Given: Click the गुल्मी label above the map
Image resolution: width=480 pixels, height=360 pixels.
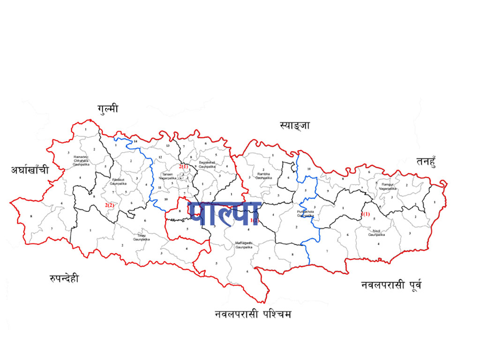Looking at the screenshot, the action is (108, 109).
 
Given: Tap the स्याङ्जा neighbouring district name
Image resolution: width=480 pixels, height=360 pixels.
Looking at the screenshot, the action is (294, 126).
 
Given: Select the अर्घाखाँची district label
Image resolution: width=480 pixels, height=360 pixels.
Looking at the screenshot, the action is (30, 170).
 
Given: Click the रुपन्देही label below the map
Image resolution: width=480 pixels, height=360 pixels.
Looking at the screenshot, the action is (64, 278).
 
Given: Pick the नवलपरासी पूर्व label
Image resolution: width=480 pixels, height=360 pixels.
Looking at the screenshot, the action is (391, 285).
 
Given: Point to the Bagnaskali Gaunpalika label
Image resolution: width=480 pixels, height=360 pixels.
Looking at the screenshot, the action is (207, 164).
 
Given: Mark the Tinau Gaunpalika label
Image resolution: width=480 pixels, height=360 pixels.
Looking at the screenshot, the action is (141, 237).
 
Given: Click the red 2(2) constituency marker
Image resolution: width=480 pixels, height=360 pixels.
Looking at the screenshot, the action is (110, 205).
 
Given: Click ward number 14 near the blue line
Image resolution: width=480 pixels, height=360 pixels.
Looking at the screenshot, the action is (135, 141).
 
